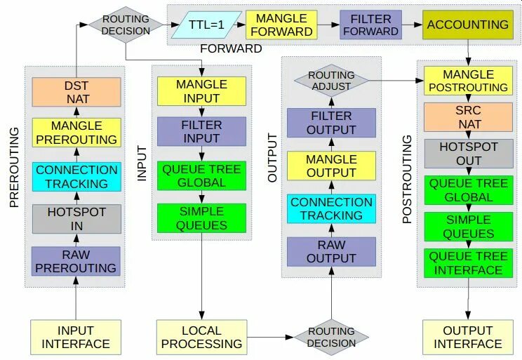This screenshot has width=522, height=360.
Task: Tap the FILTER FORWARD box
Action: pos(370,25)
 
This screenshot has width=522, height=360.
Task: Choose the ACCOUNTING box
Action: pos(467,25)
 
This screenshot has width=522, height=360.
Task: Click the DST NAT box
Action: pos(76,92)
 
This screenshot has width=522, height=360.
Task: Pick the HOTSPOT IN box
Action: pos(76,219)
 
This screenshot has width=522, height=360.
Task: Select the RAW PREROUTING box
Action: pos(76,261)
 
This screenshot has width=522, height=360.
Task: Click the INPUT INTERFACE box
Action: pos(76,337)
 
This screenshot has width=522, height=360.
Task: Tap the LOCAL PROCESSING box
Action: pos(202,337)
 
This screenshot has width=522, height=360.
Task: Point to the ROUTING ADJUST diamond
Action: pos(331,81)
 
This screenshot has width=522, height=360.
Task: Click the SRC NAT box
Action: pos(468,119)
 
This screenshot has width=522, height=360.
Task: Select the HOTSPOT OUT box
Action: pos(468,154)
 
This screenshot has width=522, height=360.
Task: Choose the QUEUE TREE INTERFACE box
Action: pos(468,262)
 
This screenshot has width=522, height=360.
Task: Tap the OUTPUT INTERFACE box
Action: pos(468,337)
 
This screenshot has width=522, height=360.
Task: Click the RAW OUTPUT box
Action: pos(331,251)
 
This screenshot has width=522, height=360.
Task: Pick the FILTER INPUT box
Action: pos(201,131)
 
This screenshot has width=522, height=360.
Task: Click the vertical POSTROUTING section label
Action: pos(408,180)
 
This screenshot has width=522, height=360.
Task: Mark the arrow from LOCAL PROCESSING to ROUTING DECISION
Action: pos(272,338)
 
